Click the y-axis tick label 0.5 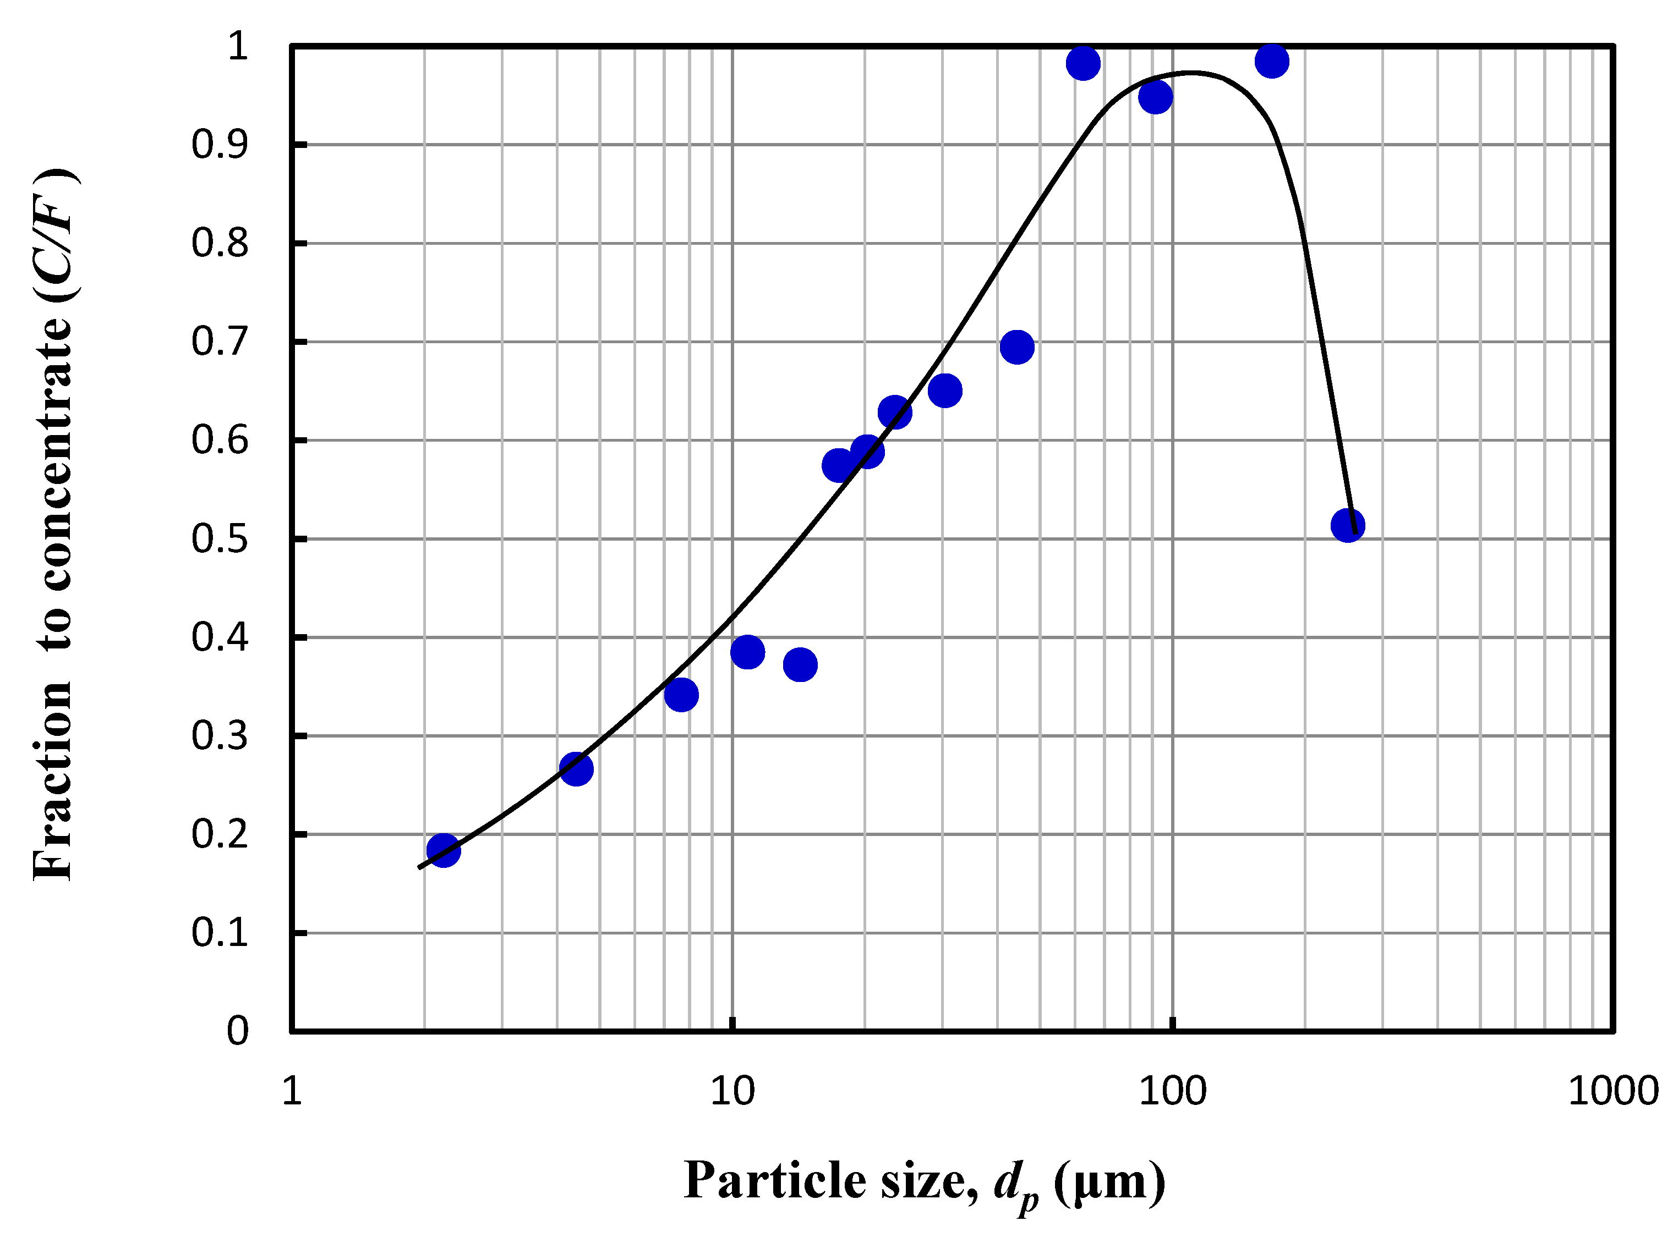(219, 539)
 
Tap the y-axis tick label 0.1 (219, 933)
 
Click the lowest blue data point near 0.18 (442, 850)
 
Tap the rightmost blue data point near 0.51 (1348, 525)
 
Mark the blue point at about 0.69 (1016, 347)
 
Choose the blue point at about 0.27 (576, 769)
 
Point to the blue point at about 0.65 (944, 391)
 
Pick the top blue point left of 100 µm (1082, 63)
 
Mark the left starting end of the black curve (419, 867)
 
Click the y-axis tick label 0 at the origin (237, 1031)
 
